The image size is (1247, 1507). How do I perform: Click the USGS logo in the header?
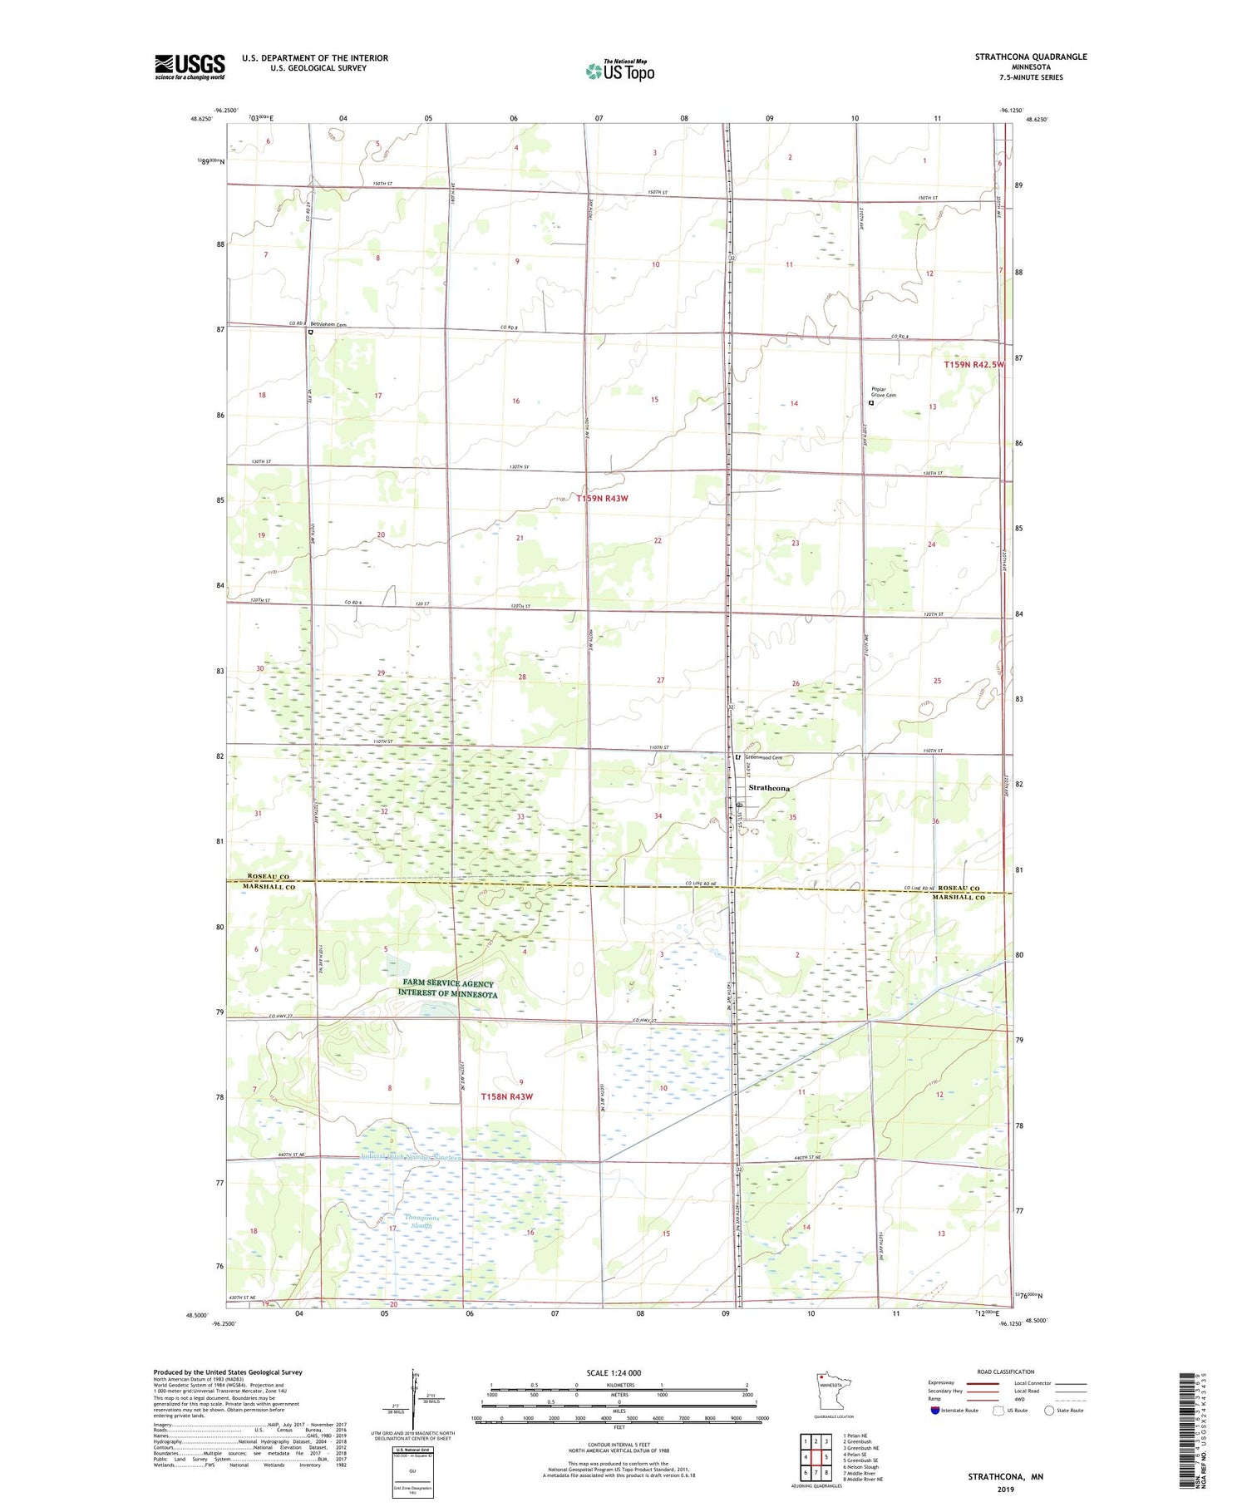[x=190, y=66]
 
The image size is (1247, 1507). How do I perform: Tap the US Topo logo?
[x=619, y=71]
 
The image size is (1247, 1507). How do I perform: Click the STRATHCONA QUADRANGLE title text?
[x=1030, y=57]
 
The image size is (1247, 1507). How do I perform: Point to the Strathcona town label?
[x=769, y=787]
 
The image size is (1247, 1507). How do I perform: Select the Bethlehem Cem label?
[x=328, y=325]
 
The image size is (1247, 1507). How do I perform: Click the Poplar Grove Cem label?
[x=883, y=392]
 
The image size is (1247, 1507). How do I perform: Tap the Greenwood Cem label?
[x=763, y=758]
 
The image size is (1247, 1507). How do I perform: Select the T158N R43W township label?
[x=506, y=1096]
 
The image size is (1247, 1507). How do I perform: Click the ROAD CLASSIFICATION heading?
[x=1006, y=1372]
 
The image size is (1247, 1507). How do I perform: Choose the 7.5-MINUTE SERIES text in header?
[x=1031, y=77]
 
